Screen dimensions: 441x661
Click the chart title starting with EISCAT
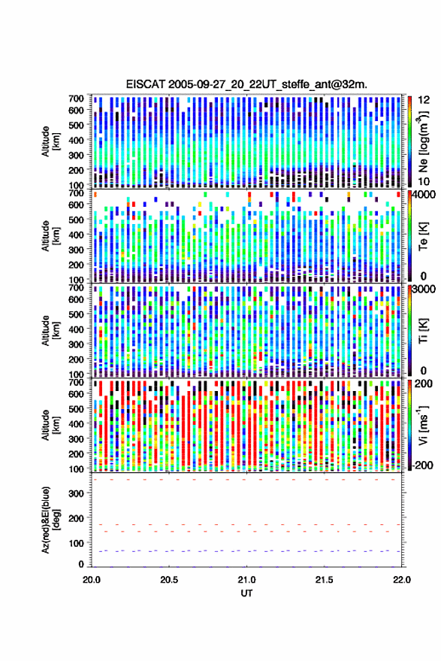click(246, 84)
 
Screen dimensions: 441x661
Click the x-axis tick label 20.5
click(169, 580)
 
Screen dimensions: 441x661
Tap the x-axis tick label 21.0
click(246, 580)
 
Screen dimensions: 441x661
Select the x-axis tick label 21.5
click(324, 580)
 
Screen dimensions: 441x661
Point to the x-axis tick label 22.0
click(401, 580)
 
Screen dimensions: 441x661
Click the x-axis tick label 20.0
click(92, 580)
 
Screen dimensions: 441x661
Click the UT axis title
click(246, 593)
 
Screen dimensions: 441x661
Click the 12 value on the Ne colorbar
click(424, 100)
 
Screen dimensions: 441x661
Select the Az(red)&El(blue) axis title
click(50, 520)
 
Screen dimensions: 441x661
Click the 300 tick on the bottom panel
click(77, 493)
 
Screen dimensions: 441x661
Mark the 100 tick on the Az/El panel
click(77, 543)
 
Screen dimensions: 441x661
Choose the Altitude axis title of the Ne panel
click(50, 141)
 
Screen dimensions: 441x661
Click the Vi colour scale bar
click(409, 424)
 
